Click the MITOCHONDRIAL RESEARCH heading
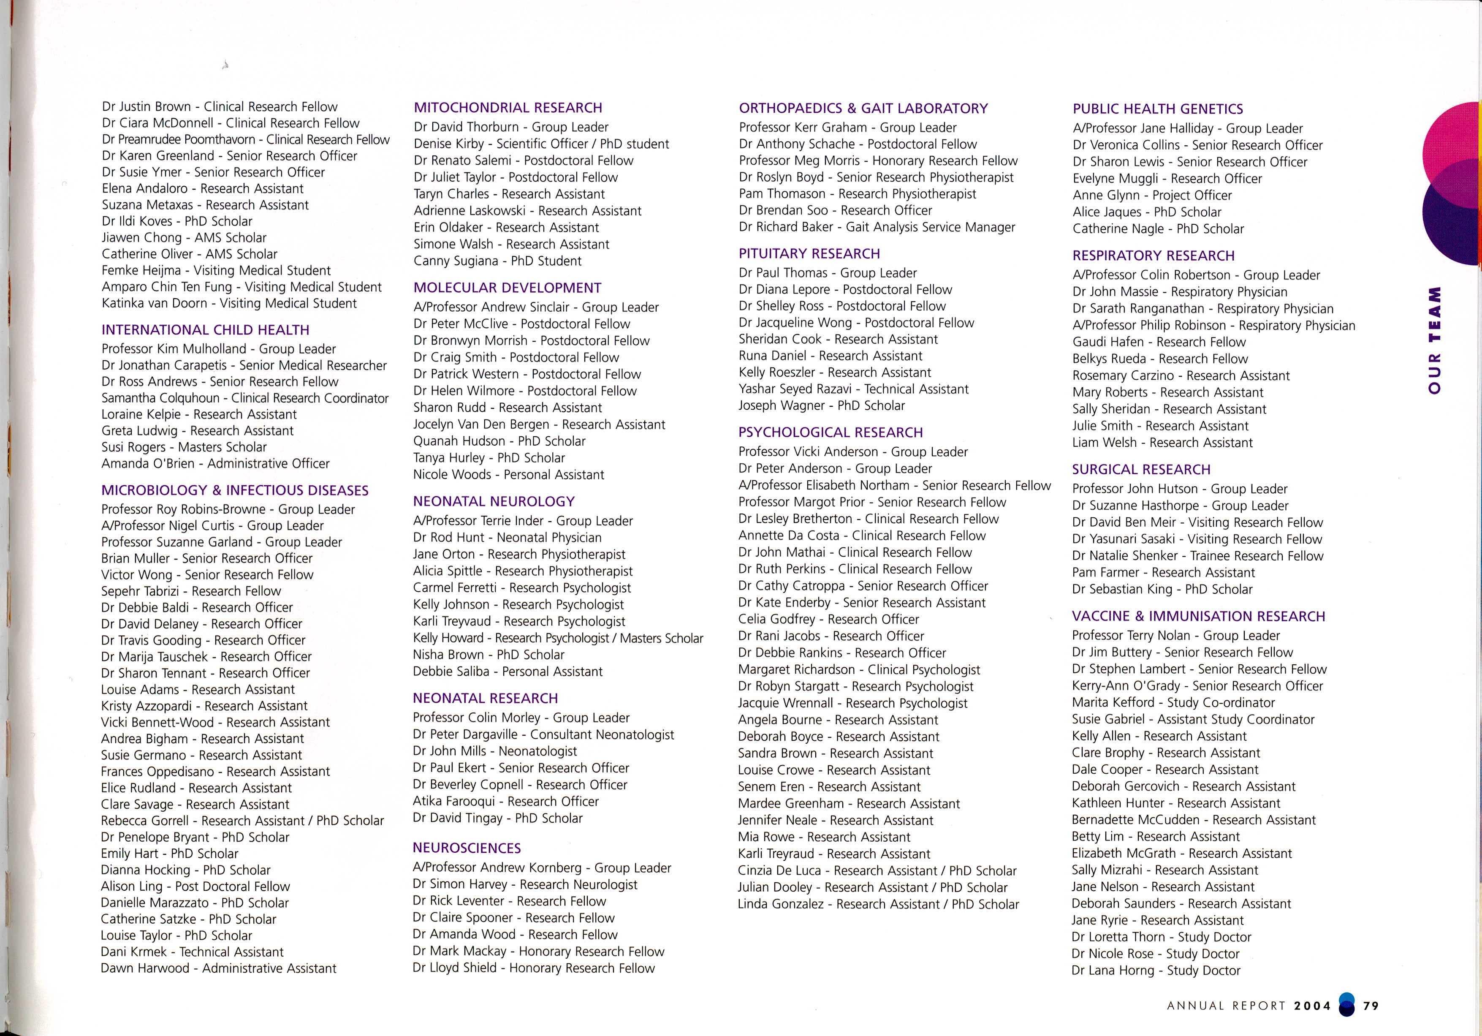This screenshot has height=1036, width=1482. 508,108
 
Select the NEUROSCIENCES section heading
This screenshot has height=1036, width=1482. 466,848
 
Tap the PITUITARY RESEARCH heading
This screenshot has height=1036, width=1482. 809,254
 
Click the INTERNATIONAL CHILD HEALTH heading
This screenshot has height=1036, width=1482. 205,330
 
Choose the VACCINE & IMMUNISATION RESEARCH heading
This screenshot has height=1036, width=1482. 1198,617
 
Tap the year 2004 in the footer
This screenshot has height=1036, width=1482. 1312,1006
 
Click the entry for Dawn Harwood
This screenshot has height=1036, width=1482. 218,968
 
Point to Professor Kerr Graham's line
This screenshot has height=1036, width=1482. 847,128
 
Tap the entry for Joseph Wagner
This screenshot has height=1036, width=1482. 821,406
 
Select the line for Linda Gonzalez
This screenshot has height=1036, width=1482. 878,904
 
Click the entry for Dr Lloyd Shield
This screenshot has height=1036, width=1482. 533,968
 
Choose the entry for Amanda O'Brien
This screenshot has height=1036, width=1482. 215,463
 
